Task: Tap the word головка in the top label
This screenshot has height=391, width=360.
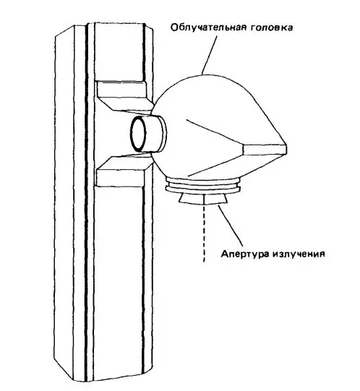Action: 271,27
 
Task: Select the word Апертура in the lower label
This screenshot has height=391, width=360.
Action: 245,254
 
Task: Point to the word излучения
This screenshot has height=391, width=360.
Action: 299,254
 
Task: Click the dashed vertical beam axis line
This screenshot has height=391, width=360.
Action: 205,233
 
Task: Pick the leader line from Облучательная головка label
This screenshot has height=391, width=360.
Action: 209,55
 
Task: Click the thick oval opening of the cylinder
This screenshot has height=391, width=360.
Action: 138,134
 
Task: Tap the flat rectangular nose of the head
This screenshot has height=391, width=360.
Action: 265,149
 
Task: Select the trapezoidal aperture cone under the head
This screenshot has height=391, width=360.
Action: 203,199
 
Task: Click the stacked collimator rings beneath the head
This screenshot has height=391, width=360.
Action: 203,186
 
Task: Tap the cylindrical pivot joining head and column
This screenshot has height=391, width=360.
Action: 147,134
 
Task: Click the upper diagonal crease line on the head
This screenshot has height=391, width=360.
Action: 215,132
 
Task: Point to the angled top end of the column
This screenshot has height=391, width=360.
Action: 103,30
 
